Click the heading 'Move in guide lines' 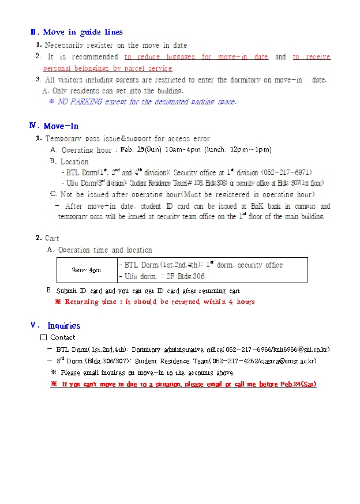coord(83,32)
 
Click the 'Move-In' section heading coord(61,126)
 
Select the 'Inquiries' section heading coord(63,326)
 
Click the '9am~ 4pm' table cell coord(86,270)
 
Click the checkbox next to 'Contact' coord(43,337)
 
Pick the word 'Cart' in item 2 coord(52,238)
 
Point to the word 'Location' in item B coord(74,161)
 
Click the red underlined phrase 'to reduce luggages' coord(159,57)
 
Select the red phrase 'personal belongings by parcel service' coord(107,69)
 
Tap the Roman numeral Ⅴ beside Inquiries coord(35,325)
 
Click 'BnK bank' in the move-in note coord(267,206)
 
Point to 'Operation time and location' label coord(105,250)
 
